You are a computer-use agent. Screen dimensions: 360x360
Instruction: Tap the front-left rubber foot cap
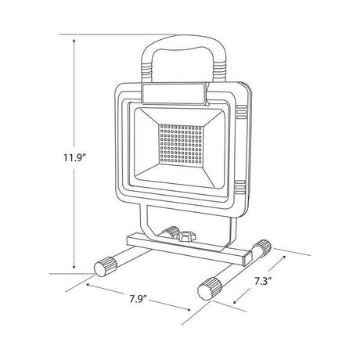tap(103, 267)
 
